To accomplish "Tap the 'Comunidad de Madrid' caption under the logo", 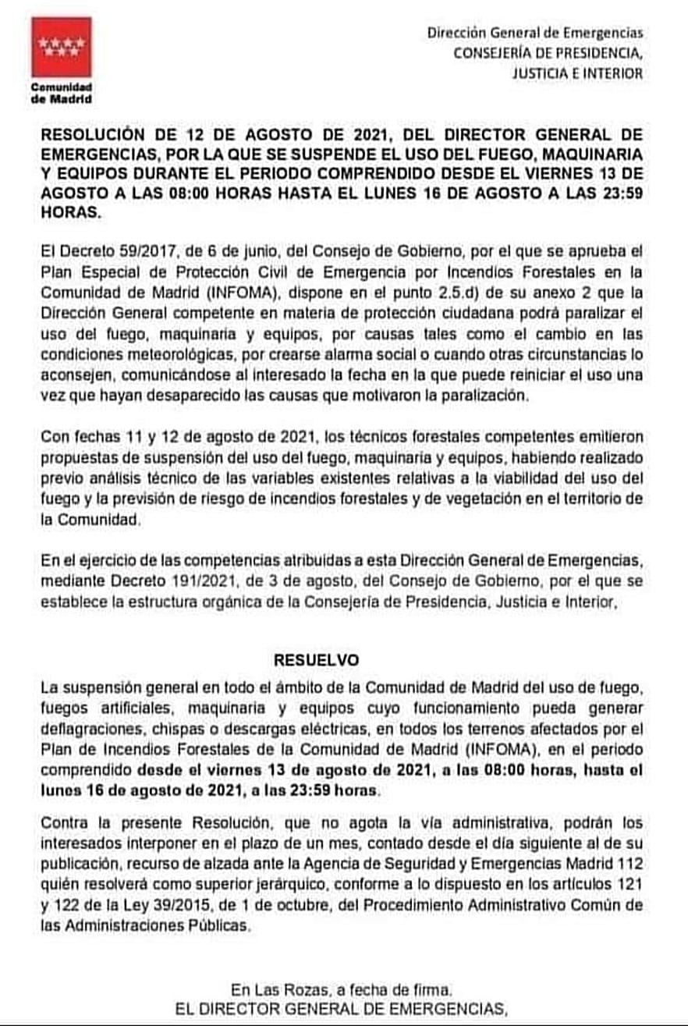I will tap(62, 93).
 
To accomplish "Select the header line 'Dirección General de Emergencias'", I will tap(535, 33).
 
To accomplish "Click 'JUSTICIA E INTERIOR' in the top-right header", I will tap(578, 73).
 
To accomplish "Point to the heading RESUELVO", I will tap(317, 659).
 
